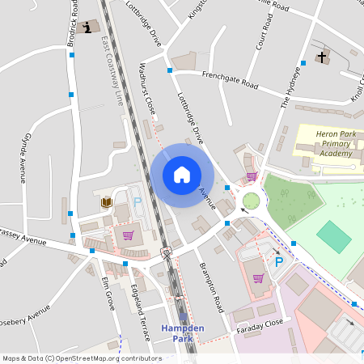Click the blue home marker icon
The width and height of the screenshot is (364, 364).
click(182, 174)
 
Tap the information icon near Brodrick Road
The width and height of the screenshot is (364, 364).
click(87, 29)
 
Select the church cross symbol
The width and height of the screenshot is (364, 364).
click(322, 57)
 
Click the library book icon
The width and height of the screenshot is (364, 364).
click(106, 202)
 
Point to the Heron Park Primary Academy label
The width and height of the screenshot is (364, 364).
click(324, 142)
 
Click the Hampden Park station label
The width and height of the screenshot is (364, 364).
click(182, 332)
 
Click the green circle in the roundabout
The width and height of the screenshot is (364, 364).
click(252, 201)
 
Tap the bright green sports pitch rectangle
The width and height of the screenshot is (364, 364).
click(334, 236)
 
